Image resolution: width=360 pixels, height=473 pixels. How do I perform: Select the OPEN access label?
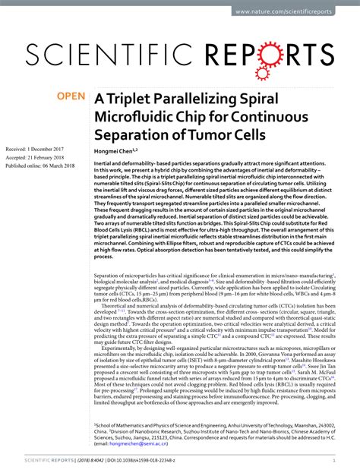(71, 98)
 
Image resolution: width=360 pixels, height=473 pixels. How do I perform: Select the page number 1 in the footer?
(335, 459)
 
